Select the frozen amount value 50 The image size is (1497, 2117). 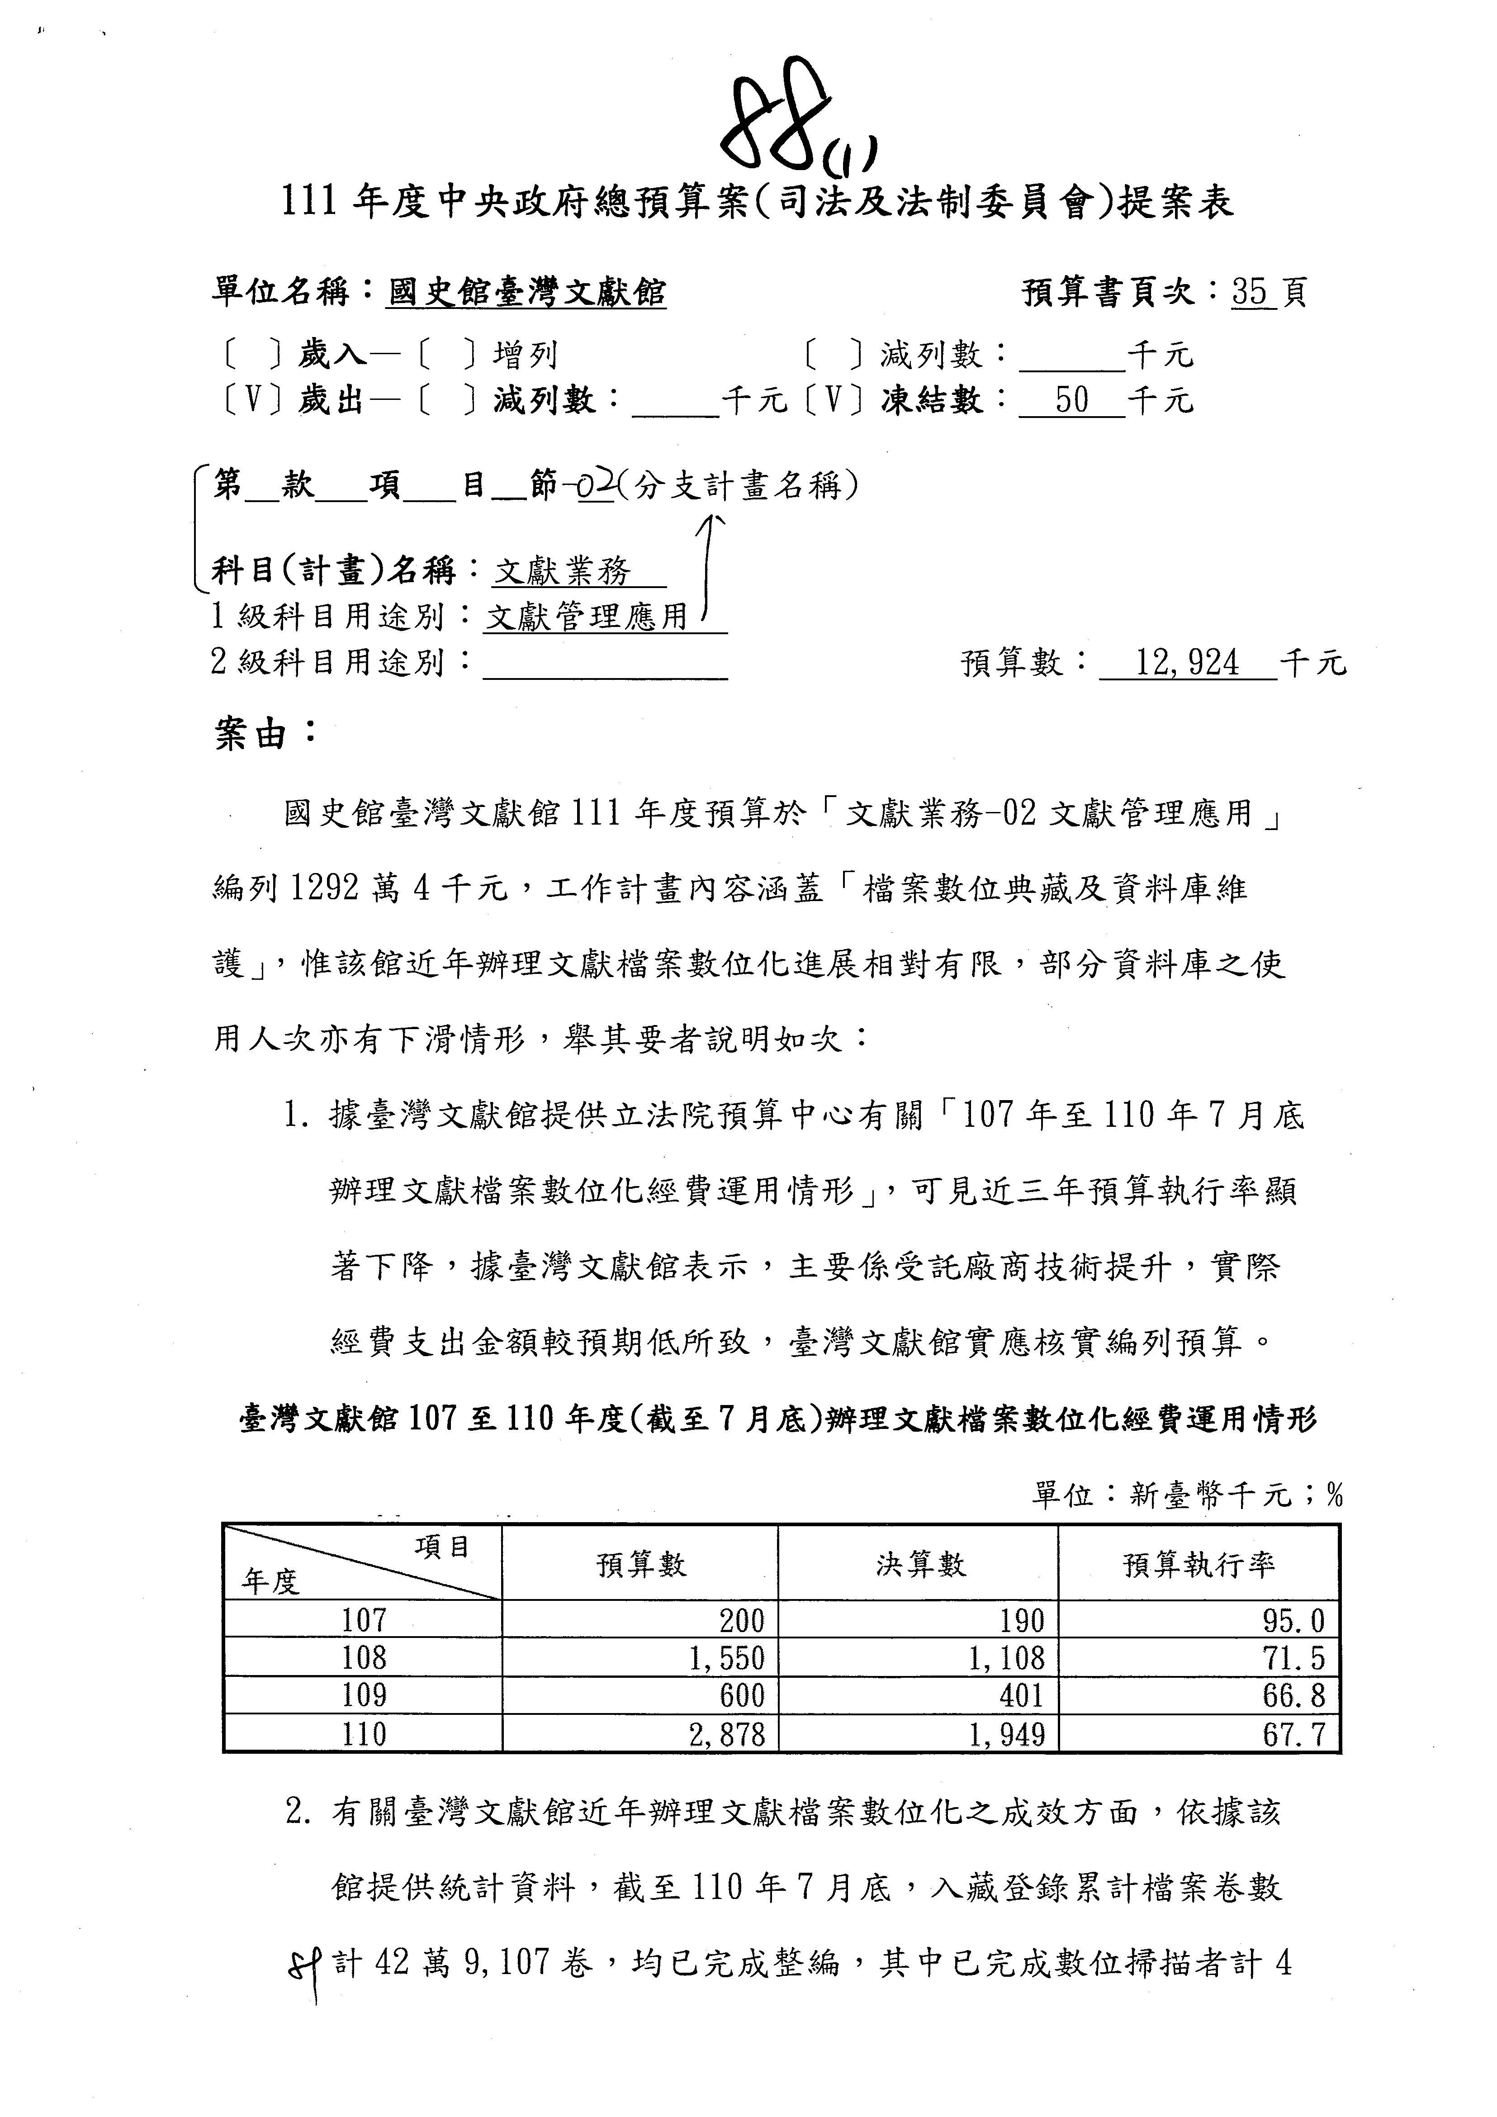point(1071,400)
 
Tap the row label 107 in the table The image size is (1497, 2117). point(363,1620)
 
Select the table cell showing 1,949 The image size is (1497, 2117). point(1007,1734)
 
